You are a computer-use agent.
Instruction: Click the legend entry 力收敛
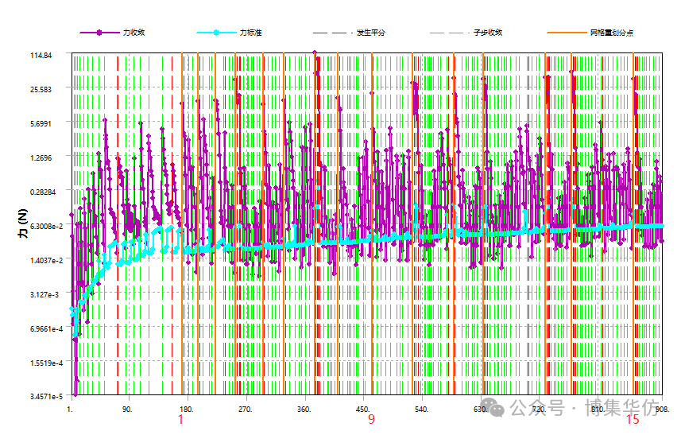click(133, 33)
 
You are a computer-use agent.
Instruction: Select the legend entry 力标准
click(251, 33)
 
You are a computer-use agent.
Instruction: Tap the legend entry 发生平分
click(370, 33)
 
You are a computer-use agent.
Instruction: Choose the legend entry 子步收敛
click(488, 33)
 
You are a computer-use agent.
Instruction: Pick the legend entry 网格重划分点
click(611, 33)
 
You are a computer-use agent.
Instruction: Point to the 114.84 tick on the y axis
click(41, 55)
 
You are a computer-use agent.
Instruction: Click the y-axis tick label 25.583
click(41, 89)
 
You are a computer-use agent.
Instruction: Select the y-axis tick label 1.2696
click(41, 157)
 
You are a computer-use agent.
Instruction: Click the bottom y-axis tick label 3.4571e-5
click(36, 396)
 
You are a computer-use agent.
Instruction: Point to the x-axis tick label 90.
click(127, 410)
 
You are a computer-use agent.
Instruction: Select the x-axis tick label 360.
click(303, 410)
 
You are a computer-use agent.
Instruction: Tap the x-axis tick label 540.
click(421, 410)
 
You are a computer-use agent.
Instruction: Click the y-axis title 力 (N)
click(21, 226)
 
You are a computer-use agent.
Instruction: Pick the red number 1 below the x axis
click(180, 420)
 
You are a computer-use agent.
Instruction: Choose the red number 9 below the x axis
click(371, 420)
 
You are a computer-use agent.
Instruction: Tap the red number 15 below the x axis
click(633, 420)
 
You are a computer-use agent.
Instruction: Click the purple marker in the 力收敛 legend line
click(99, 33)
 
